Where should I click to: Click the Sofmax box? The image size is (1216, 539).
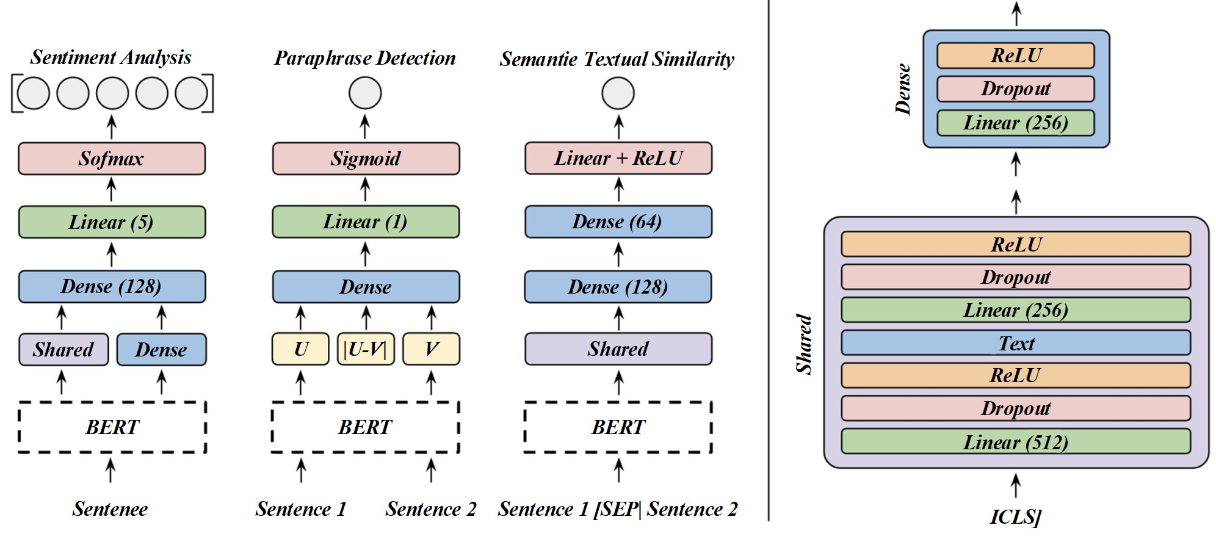click(112, 159)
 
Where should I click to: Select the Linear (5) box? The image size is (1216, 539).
click(112, 222)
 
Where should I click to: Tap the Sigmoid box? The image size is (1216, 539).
click(366, 159)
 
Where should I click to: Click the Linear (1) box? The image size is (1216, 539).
click(366, 222)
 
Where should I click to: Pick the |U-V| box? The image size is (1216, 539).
click(366, 349)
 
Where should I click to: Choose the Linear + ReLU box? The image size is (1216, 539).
click(618, 158)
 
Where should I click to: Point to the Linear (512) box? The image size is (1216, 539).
click(1016, 441)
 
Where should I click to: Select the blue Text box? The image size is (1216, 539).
click(1016, 343)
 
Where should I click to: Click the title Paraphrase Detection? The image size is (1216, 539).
click(365, 58)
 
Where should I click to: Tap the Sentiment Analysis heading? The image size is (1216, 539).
click(110, 57)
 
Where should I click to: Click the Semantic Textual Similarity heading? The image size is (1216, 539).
click(617, 59)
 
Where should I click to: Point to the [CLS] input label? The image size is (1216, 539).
click(1015, 517)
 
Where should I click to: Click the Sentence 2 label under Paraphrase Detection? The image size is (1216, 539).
click(431, 509)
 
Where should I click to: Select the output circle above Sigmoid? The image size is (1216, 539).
click(365, 93)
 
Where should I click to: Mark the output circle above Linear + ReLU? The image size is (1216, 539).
click(618, 93)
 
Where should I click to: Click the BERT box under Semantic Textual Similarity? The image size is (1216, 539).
click(618, 427)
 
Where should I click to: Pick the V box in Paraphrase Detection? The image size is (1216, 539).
click(431, 349)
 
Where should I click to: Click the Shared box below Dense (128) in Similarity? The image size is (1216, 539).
click(618, 349)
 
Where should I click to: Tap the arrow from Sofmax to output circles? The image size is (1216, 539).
click(111, 128)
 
